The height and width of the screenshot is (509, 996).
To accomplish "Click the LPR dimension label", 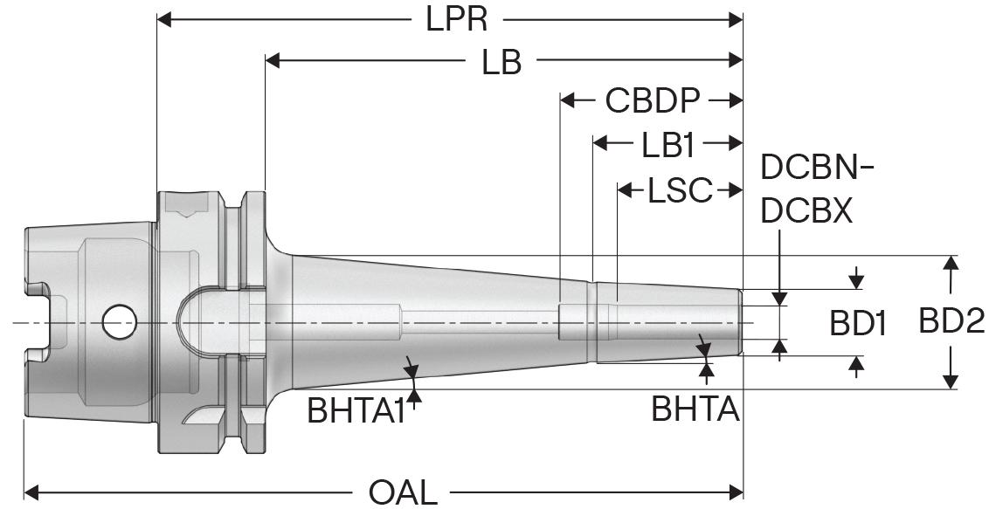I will (456, 18).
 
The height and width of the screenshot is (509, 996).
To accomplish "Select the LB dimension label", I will (501, 61).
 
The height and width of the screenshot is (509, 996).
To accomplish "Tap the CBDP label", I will (653, 101).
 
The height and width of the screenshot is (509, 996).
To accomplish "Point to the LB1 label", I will (667, 145).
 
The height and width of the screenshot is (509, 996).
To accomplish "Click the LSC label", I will (680, 189).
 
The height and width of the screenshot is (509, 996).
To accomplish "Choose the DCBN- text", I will (818, 167).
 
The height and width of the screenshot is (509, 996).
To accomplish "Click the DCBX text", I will (806, 210).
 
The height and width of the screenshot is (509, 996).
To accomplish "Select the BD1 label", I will (858, 325).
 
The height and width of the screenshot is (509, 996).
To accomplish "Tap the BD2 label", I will (951, 322).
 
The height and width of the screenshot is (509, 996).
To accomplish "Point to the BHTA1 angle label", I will (355, 409).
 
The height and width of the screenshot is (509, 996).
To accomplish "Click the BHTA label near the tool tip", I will (695, 408).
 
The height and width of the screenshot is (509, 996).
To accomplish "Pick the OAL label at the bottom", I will (403, 492).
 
